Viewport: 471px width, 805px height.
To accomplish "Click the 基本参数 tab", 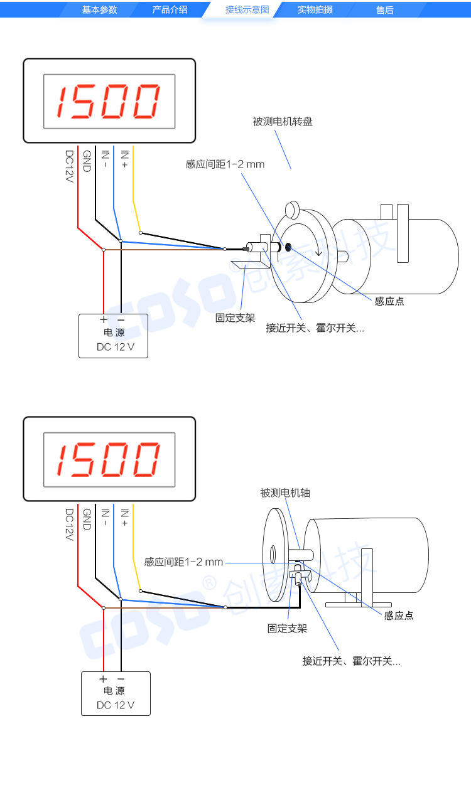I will point(99,9).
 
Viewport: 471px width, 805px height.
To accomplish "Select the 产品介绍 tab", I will point(170,9).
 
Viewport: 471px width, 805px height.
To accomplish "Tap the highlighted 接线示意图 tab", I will point(247,9).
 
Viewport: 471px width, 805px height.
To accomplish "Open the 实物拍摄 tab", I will point(315,9).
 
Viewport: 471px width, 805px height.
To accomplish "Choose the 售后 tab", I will point(384,9).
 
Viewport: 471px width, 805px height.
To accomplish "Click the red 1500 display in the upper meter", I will point(109,102).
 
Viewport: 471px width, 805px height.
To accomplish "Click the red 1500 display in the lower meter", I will point(109,459).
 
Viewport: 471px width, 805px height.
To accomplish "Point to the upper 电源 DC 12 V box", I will point(113,336).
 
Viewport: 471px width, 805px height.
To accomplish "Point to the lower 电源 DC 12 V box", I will point(116,693).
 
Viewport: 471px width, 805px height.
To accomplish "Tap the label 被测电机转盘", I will point(283,122).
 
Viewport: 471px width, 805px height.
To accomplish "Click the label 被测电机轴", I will point(285,493).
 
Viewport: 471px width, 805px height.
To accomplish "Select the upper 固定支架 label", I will point(235,318).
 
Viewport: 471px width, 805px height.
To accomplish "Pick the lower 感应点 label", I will point(399,616).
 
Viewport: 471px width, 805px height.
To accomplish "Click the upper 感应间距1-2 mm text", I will point(225,164).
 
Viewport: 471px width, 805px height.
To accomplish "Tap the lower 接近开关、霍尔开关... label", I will point(351,661).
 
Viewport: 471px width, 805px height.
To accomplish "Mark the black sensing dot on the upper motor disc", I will point(289,247).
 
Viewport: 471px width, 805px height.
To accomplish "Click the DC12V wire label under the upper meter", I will point(70,166).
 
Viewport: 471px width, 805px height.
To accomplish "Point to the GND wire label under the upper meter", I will point(87,161).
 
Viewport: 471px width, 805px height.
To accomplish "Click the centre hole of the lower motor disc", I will point(273,554).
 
